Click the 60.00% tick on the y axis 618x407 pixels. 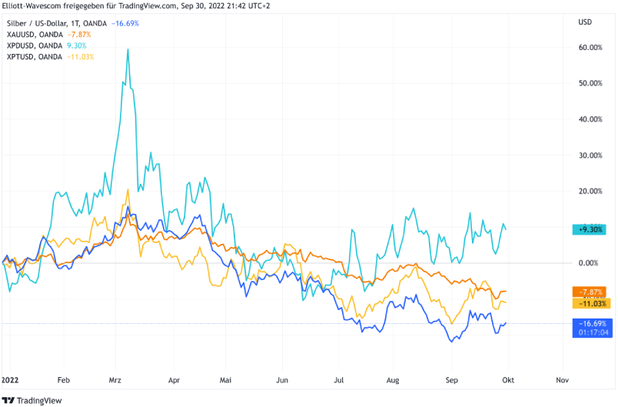coord(590,48)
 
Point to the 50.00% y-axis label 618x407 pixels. coord(590,83)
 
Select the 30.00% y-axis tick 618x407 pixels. coord(590,155)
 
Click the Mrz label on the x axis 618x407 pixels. coord(117,380)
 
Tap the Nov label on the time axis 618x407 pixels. coord(562,380)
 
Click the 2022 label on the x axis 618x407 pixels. coord(11,380)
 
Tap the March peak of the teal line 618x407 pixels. coord(128,49)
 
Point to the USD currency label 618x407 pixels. coord(585,23)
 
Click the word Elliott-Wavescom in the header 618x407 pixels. coord(32,7)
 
